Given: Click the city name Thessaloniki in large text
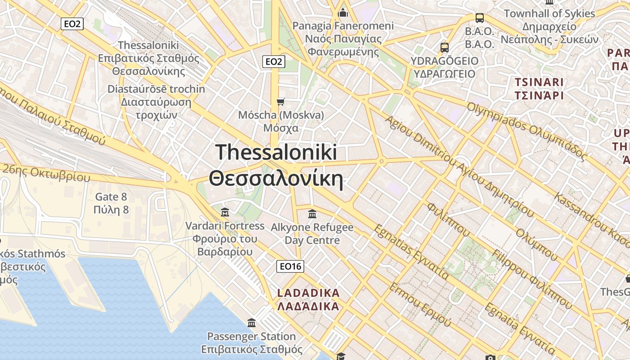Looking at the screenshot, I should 276,152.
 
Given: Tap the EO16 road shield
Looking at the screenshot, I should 290,266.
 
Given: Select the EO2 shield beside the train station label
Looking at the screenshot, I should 72,24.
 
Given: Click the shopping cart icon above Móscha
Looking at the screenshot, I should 281,102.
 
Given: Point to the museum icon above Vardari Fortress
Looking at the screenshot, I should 225,212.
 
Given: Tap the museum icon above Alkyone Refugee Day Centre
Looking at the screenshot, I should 312,214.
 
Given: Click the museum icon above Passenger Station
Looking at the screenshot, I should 252,323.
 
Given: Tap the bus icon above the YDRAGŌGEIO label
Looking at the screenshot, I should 445,47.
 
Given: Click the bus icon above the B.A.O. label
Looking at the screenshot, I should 480,18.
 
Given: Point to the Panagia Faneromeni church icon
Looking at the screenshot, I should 343,13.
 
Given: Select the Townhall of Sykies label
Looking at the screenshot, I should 549,13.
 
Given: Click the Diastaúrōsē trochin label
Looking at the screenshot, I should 156,89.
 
